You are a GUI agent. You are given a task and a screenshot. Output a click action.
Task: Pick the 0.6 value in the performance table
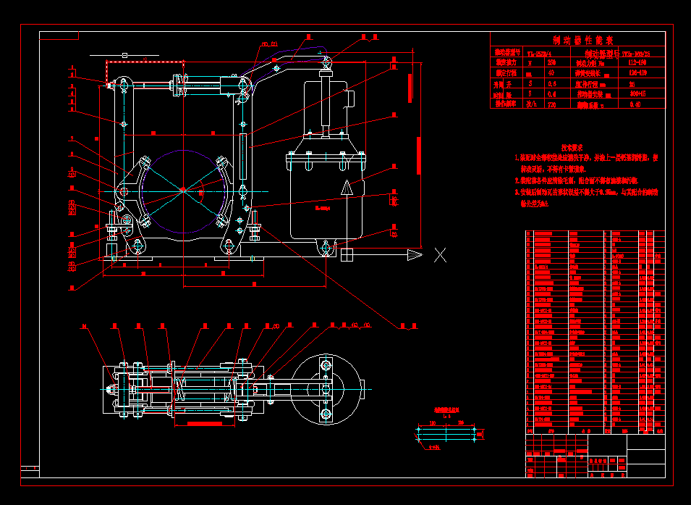tap(552, 83)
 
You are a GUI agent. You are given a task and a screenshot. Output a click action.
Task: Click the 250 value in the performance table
tap(552, 63)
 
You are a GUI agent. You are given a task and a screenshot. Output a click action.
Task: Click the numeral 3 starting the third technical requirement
tap(517, 193)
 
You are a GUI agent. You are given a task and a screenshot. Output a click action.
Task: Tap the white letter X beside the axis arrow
tap(440, 254)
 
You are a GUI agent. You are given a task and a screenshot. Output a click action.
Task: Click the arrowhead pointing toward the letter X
tap(415, 254)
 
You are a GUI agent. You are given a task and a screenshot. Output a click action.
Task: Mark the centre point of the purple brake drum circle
tap(183, 190)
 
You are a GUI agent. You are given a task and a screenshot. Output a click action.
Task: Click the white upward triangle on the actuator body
tap(347, 187)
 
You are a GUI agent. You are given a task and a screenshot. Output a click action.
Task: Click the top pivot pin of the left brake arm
tap(124, 85)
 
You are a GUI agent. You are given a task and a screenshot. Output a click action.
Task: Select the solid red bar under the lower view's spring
tap(210, 420)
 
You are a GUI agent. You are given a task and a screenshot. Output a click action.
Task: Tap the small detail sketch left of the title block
tap(449, 434)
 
